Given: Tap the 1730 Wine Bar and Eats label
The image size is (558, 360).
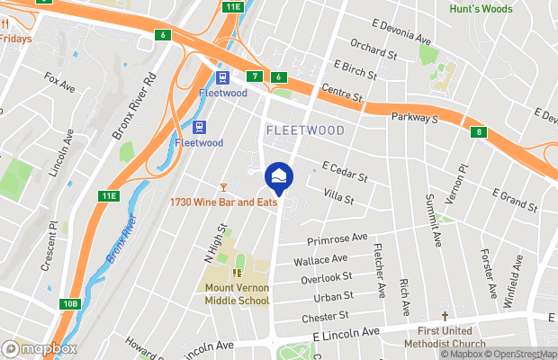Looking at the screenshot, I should coord(222,202).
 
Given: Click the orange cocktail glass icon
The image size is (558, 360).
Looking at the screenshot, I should coord(222,186).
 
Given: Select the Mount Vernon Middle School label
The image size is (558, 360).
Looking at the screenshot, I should coord(237,294).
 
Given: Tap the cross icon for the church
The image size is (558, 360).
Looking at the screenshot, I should coord(445,317).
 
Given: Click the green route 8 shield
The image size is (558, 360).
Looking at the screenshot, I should coord(479,133).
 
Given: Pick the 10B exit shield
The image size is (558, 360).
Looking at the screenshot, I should coord(70,304).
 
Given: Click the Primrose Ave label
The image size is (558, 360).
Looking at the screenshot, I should coord(337,239).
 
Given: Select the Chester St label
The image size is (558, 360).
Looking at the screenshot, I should coord(325,317).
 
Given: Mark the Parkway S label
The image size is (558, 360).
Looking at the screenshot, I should coord(414,118).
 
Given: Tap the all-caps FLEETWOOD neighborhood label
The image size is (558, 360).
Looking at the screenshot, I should coord(305,130).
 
